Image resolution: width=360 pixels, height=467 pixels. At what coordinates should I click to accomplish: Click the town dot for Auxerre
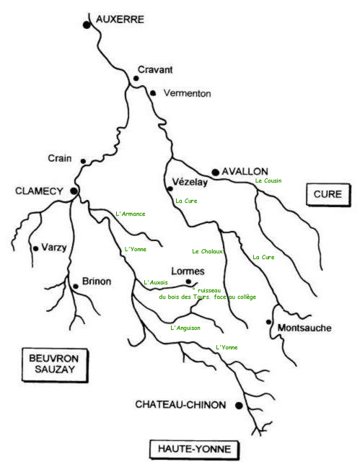point(87,25)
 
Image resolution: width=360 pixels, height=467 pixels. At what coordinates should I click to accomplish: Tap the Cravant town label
point(155,70)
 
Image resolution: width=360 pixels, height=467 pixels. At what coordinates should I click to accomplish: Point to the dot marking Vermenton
point(153,93)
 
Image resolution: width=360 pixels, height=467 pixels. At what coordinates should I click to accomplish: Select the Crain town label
point(60,158)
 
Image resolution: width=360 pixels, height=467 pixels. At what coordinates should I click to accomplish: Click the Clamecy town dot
point(74,191)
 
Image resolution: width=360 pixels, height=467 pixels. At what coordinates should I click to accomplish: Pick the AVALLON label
point(245,172)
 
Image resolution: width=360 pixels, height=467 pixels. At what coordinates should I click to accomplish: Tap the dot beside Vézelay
point(170,188)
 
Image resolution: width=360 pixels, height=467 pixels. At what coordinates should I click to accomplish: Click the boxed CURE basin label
point(328,194)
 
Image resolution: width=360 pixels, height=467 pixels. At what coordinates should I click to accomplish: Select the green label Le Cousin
point(268,180)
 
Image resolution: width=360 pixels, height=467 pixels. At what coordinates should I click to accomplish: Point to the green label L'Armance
point(131,214)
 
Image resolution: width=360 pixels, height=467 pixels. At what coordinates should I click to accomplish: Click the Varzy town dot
point(36,248)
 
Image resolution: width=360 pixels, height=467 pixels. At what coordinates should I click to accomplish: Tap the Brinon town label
point(97,281)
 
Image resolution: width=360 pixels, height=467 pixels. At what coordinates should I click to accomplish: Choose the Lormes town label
point(188,271)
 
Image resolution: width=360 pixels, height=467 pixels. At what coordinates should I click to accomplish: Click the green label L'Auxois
point(156,282)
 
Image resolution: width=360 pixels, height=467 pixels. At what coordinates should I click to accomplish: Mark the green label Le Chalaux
point(207,251)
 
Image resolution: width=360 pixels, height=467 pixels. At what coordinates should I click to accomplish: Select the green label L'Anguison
point(185,328)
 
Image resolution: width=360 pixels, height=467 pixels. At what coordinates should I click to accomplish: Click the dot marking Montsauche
point(268,322)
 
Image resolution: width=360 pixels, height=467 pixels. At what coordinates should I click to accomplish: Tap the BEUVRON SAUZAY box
point(55,365)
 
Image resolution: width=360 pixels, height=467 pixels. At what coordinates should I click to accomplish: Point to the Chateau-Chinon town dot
point(239,405)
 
